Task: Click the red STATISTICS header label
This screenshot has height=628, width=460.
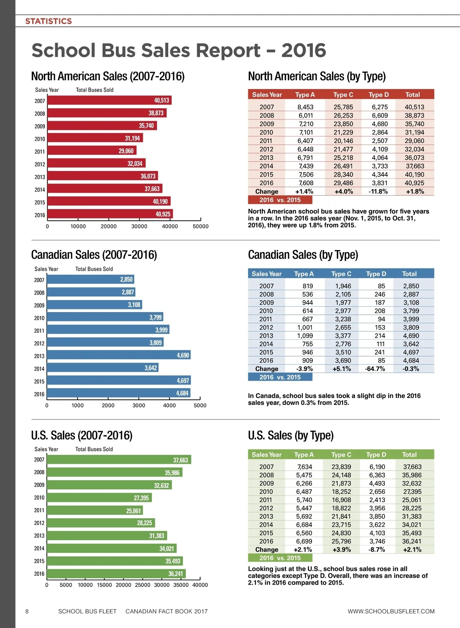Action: [x=48, y=21]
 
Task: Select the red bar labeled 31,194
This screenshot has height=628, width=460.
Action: [x=95, y=138]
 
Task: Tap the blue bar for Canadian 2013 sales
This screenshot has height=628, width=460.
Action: [x=119, y=355]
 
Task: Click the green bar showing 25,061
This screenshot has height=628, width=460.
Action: [x=95, y=510]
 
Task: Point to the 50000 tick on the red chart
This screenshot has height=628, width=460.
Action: [x=200, y=226]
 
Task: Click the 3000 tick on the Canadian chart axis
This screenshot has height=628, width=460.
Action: [x=139, y=405]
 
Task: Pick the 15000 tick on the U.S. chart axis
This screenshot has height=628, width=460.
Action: [x=104, y=585]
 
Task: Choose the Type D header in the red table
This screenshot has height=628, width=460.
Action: [x=379, y=95]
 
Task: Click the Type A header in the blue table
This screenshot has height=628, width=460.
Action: [x=304, y=274]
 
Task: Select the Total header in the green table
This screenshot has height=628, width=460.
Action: [x=409, y=455]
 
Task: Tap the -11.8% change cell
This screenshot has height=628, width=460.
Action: [x=378, y=191]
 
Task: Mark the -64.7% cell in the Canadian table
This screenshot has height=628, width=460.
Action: [x=375, y=369]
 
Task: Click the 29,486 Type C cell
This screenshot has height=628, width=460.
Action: [x=343, y=183]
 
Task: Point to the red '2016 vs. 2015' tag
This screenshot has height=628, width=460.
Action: [x=280, y=200]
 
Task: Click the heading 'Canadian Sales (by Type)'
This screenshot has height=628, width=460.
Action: [x=303, y=255]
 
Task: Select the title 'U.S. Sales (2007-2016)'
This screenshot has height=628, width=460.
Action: [x=82, y=436]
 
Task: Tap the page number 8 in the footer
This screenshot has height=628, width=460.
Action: [x=27, y=611]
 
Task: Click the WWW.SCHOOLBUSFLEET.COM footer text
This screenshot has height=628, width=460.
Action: [x=391, y=611]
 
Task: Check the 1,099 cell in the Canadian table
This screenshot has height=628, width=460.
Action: [x=305, y=335]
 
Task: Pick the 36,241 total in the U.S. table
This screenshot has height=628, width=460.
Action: [x=412, y=541]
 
